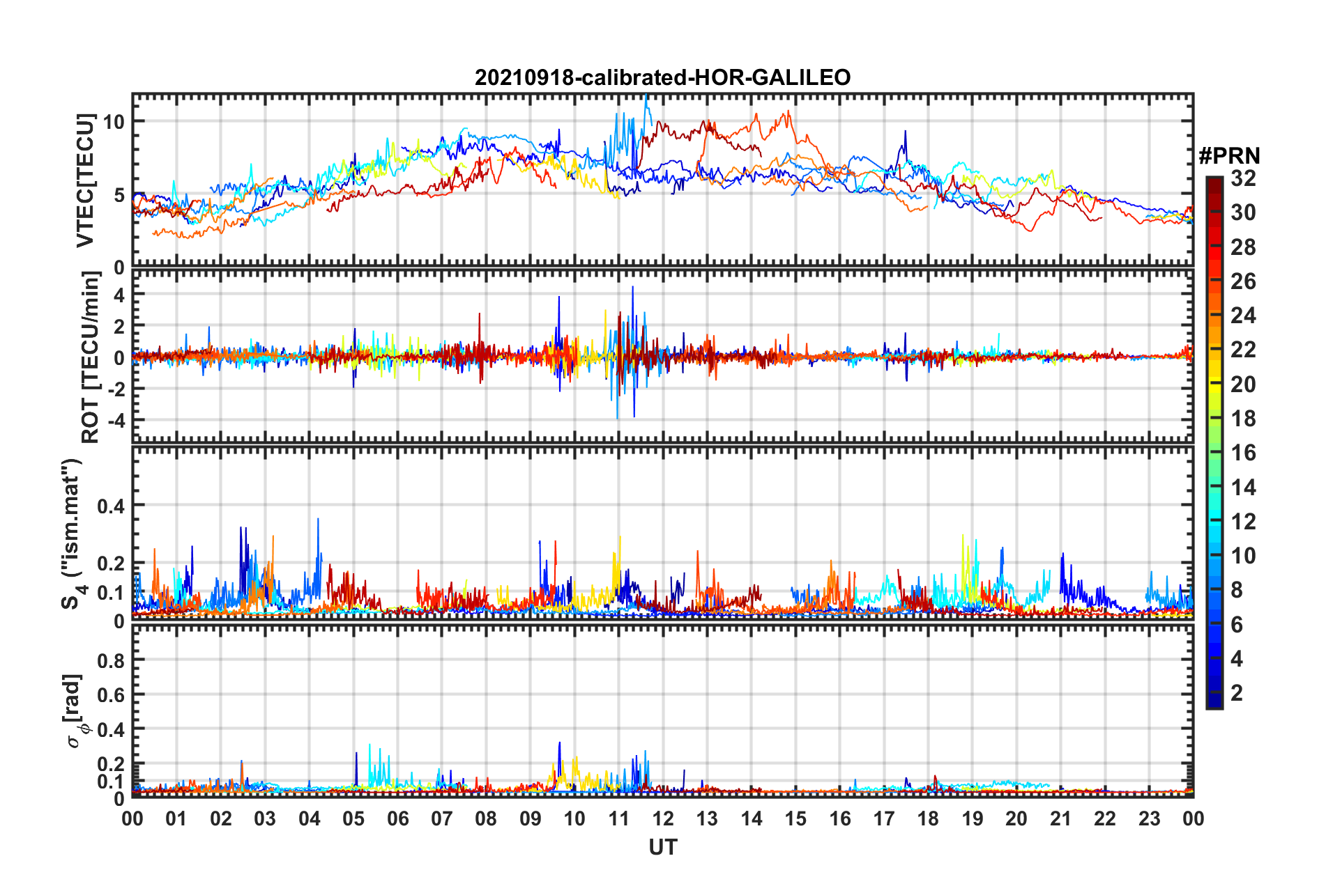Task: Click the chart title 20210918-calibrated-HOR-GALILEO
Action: tap(662, 77)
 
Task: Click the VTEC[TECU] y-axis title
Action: tap(85, 181)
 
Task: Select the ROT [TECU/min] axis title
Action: tap(91, 357)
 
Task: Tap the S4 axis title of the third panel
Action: tap(73, 534)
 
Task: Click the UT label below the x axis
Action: tap(662, 847)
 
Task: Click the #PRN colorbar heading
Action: tap(1229, 156)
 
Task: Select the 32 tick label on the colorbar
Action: tap(1243, 178)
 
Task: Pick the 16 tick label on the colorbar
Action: tap(1243, 453)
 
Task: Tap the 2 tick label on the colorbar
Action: tap(1237, 692)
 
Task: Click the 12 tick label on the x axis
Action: tap(662, 818)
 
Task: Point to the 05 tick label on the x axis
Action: tap(353, 818)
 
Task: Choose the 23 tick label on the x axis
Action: tap(1149, 818)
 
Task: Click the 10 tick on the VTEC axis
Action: tap(114, 122)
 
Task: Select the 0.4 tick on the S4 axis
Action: tap(111, 506)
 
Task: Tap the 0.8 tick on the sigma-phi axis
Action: tap(111, 660)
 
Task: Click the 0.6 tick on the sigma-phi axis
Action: tap(111, 695)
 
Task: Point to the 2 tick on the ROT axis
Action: tap(119, 326)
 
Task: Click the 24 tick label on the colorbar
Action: tap(1243, 316)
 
